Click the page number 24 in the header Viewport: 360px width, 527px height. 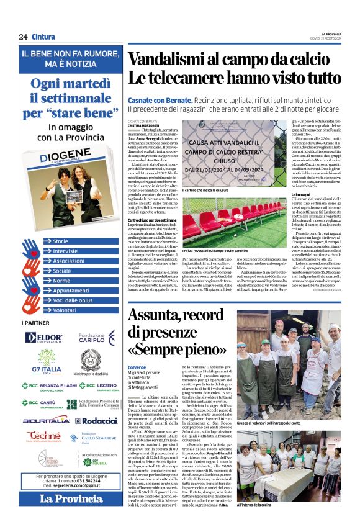(x=23, y=37)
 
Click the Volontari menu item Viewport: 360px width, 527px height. (x=65, y=310)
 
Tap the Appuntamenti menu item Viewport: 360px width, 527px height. (x=70, y=290)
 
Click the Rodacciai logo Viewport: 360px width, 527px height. (x=94, y=420)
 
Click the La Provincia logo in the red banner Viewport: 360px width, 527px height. (x=63, y=498)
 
